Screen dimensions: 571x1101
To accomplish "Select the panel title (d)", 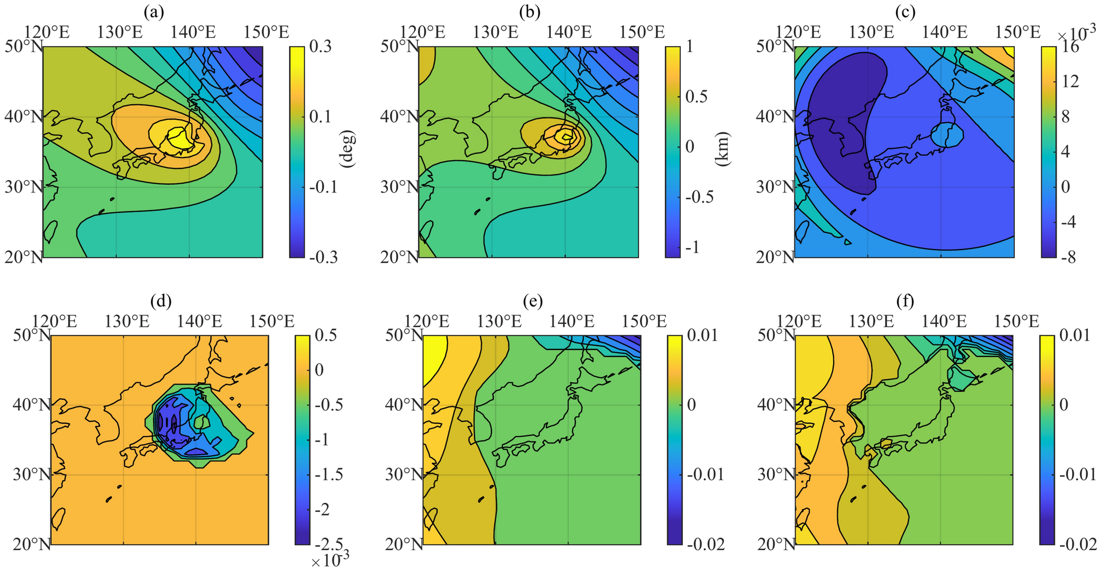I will [160, 301].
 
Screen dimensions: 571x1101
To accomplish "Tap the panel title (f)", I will [904, 301].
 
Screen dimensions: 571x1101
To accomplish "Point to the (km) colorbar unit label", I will [721, 149].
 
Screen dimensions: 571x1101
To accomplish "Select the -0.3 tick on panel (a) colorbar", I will [318, 257].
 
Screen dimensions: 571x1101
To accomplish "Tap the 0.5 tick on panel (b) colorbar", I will [697, 97].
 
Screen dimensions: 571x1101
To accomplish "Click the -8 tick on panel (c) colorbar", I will [1065, 257].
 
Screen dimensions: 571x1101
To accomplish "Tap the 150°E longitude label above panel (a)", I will [267, 32].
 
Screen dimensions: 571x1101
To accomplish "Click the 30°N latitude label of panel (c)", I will [775, 187].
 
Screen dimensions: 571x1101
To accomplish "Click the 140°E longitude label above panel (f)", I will [944, 321].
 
